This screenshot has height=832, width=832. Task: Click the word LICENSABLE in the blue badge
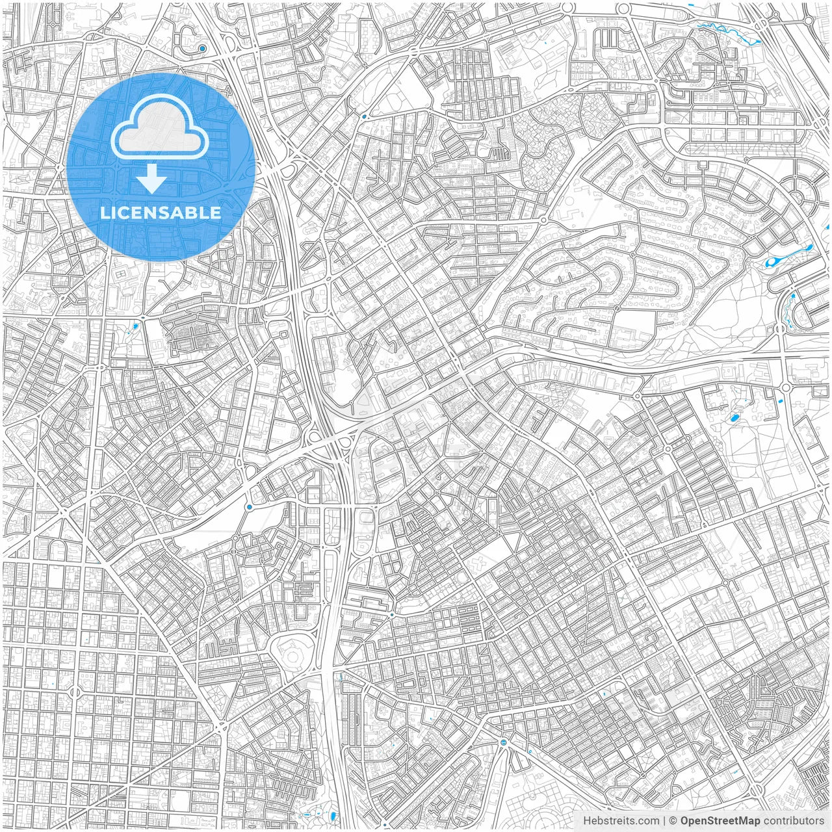[160, 213]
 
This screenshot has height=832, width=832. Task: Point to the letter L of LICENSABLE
[104, 213]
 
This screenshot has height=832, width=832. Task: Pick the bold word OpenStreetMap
[720, 821]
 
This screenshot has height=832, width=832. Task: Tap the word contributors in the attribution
[794, 821]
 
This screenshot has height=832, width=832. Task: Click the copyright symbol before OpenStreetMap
[673, 821]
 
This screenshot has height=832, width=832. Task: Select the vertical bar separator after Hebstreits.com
[664, 821]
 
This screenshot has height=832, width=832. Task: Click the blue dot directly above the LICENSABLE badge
[203, 49]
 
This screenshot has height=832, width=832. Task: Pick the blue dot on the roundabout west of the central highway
[249, 506]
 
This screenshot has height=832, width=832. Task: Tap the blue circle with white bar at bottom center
[504, 742]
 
